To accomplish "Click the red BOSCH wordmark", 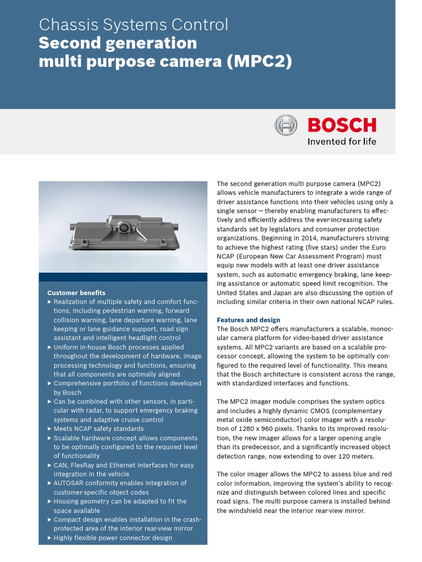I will click(x=342, y=125).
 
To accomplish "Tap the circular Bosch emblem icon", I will click(x=286, y=125).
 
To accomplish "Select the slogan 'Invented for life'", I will click(x=342, y=142).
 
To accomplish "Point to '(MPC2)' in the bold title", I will click(x=258, y=61).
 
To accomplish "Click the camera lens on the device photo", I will click(x=125, y=226).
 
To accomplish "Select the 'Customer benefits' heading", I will click(x=76, y=293).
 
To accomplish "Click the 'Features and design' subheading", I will click(x=248, y=320).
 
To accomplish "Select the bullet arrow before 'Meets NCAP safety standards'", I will click(x=50, y=429).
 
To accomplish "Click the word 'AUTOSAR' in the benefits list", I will click(x=70, y=483).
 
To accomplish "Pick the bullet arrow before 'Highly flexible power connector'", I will click(x=50, y=537).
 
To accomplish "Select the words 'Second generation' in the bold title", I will click(x=118, y=43).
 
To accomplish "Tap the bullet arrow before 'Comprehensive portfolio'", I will click(x=50, y=383).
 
